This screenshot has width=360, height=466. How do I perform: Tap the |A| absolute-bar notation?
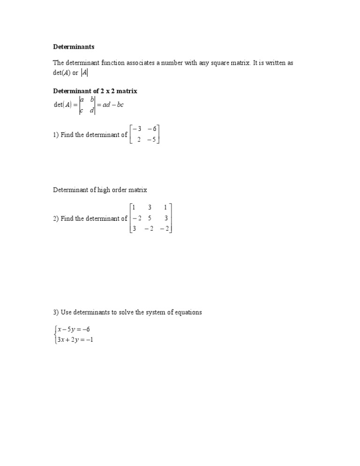click(x=84, y=73)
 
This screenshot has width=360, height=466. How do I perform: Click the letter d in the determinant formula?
click(x=92, y=111)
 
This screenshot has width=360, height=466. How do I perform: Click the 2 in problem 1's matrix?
click(x=139, y=140)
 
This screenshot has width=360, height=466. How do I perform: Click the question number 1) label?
click(x=56, y=135)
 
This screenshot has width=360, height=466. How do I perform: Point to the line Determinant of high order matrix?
click(x=100, y=190)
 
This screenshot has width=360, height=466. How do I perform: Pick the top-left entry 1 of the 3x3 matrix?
click(x=134, y=208)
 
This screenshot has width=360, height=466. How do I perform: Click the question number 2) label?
click(x=56, y=218)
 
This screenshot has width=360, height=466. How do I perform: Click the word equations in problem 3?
click(x=187, y=312)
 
